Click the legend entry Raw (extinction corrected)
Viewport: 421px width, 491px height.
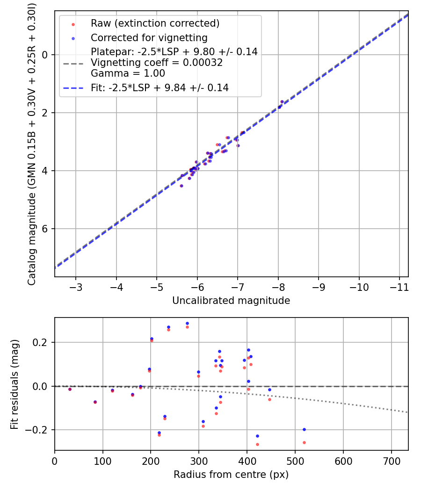tap(155, 23)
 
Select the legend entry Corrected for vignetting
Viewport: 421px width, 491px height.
tap(149, 37)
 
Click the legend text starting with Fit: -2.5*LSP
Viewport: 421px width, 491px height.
tap(160, 87)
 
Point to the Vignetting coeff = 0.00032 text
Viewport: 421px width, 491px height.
tap(157, 63)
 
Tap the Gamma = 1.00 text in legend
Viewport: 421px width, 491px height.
tap(128, 73)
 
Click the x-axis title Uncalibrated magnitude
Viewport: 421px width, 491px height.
tap(231, 301)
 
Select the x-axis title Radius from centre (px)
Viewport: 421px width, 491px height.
tap(231, 475)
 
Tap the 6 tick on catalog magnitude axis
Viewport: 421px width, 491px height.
tap(45, 229)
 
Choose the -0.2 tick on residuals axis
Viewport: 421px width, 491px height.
tap(41, 430)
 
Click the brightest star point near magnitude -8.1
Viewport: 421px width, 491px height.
tap(282, 101)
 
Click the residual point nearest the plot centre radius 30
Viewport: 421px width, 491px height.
tap(70, 389)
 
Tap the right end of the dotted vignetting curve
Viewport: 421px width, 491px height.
tap(407, 412)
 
